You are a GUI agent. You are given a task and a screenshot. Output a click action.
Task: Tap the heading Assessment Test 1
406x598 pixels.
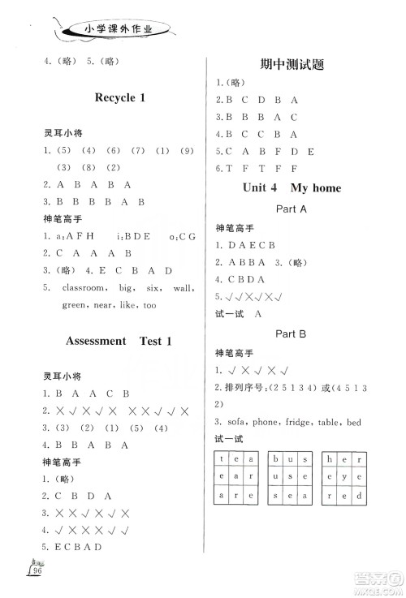click(119, 341)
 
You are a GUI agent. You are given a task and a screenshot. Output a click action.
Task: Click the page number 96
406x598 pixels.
click(35, 571)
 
